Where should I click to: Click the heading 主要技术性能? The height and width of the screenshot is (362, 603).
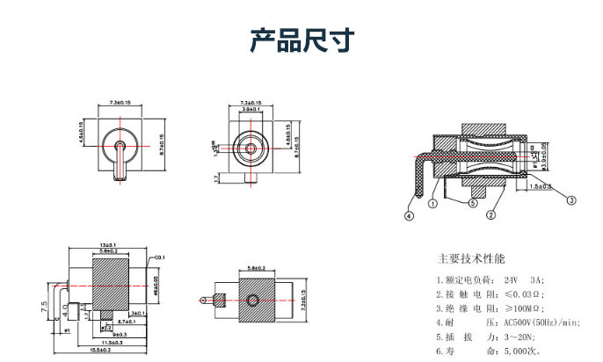471,259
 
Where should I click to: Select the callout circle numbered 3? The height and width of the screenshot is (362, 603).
571,200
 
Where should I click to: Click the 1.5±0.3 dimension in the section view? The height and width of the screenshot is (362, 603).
541,186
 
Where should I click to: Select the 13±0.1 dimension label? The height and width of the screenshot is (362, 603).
110,244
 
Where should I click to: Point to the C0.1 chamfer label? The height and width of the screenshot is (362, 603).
160,257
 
